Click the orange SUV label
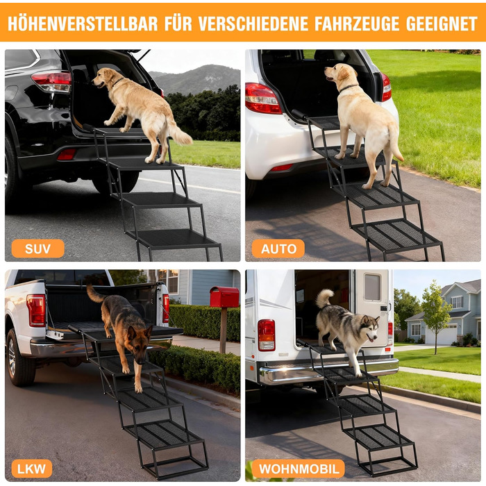click(37, 249)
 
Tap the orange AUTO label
click(278, 249)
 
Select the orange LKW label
click(32, 469)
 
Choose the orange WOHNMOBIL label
click(298, 469)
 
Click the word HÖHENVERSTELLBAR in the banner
click(83, 23)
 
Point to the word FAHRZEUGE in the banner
click(357, 23)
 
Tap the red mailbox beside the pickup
click(224, 296)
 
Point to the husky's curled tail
click(324, 298)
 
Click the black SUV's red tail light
click(52, 81)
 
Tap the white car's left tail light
click(262, 99)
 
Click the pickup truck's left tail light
click(36, 310)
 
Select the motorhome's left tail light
click(266, 335)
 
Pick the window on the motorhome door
click(372, 287)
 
